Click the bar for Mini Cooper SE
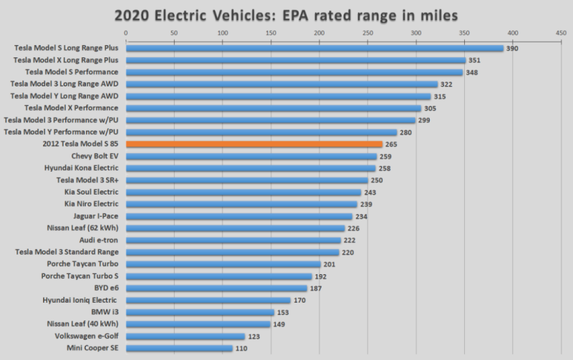179,348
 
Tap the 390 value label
513,49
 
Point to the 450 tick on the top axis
561,33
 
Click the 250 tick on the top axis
367,33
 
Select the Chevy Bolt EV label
95,156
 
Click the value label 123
254,336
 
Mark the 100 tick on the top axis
223,33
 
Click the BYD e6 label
103,288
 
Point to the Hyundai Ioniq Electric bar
208,300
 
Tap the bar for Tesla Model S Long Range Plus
314,49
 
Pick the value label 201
330,264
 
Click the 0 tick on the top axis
126,33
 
